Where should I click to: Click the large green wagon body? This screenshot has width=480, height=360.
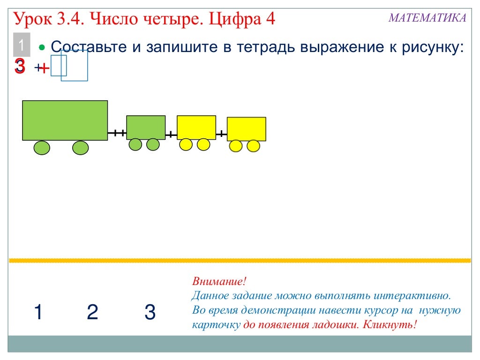(65, 120)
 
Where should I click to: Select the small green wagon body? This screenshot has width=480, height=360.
(146, 127)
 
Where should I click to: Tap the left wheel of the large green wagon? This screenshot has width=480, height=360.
(42, 148)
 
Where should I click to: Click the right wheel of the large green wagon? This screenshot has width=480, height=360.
(80, 148)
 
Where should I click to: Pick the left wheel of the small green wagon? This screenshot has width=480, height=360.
(135, 144)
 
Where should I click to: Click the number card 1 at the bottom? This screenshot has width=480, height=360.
(38, 312)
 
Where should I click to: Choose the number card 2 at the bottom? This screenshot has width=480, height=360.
(93, 312)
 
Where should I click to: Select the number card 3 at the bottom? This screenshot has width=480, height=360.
(150, 312)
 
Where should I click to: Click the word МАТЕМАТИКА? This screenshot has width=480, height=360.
(427, 18)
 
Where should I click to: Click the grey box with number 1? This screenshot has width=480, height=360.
(21, 46)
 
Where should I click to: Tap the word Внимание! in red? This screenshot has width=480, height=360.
(219, 282)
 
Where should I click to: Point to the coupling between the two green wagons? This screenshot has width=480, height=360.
(117, 134)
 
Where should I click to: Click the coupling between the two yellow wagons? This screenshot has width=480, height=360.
(221, 134)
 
